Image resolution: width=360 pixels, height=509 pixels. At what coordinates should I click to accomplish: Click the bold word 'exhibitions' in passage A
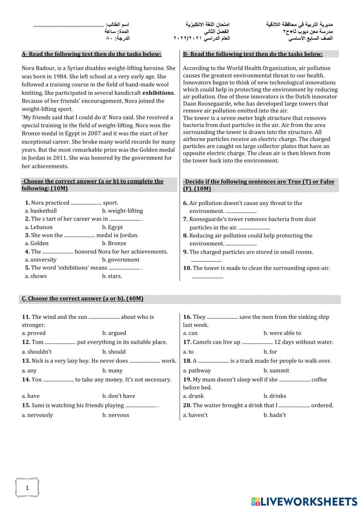pyautogui.click(x=158, y=93)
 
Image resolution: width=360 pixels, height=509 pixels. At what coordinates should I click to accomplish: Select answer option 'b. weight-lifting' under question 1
pyautogui.click(x=122, y=211)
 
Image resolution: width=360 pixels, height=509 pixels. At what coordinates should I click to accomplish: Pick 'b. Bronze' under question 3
pyautogui.click(x=114, y=243)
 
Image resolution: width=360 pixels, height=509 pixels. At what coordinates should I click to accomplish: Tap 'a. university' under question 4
pyautogui.click(x=41, y=260)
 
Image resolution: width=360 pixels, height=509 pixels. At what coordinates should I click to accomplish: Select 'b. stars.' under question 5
pyautogui.click(x=112, y=276)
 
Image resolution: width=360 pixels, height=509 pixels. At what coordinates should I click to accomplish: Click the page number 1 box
pyautogui.click(x=27, y=488)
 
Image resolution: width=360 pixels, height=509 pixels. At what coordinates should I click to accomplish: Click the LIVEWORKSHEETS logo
pyautogui.click(x=304, y=501)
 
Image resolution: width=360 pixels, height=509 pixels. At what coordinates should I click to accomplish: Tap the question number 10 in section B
pyautogui.click(x=187, y=268)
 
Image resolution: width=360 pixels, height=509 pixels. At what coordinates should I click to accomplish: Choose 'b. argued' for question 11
pyautogui.click(x=114, y=333)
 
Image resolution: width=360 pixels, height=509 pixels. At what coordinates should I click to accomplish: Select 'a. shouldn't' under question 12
pyautogui.click(x=37, y=352)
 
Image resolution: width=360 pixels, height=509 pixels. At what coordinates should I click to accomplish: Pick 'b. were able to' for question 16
pyautogui.click(x=282, y=333)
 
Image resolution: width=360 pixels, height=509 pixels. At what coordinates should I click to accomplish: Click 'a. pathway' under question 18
pyautogui.click(x=197, y=370)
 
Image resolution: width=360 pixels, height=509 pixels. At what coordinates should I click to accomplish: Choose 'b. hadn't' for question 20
pyautogui.click(x=275, y=415)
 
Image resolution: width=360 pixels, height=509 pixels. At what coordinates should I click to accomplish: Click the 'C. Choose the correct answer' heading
pyautogui.click(x=82, y=299)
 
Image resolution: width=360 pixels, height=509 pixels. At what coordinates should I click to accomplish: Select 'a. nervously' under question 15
pyautogui.click(x=37, y=415)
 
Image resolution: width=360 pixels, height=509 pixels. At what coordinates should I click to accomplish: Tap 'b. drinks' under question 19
pyautogui.click(x=275, y=396)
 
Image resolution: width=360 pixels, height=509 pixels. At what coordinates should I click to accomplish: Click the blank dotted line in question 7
pyautogui.click(x=254, y=228)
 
